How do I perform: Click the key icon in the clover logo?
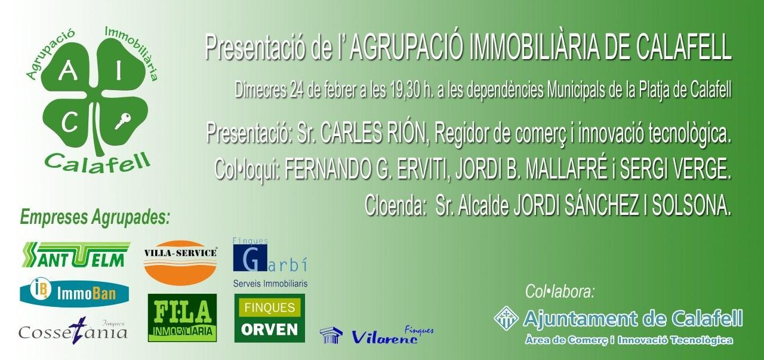[x=123, y=122]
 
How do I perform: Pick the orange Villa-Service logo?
[x=180, y=262]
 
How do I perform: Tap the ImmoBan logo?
[x=75, y=293]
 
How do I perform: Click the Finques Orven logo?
[x=269, y=318]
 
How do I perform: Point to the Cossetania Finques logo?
[x=73, y=330]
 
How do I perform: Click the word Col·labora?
[x=560, y=292]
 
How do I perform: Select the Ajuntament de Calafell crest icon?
[x=506, y=318]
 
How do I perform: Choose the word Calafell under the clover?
[x=97, y=162]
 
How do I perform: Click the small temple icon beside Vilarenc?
[x=331, y=336]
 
